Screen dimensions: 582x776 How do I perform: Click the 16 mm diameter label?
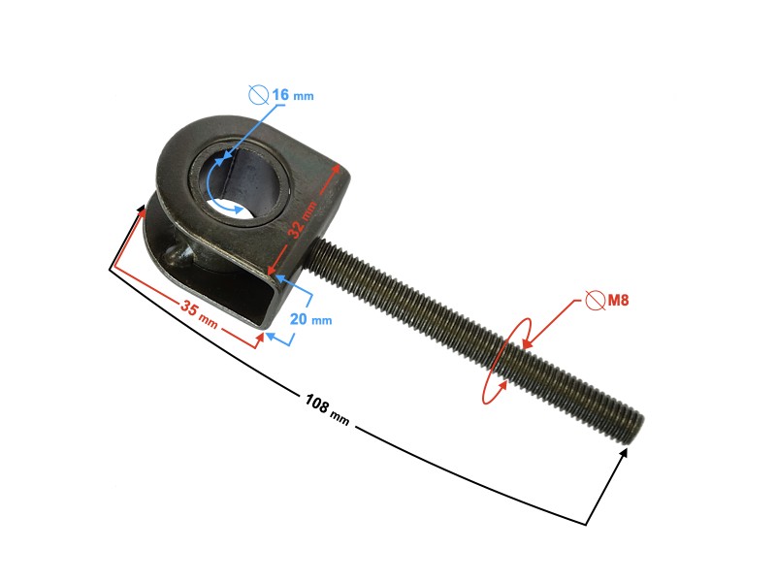tap(292, 95)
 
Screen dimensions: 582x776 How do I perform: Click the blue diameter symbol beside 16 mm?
tap(258, 94)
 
